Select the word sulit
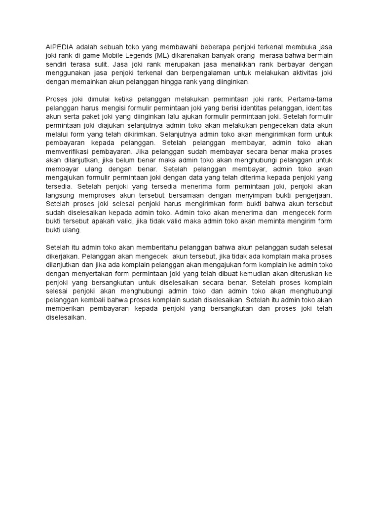[101, 64]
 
